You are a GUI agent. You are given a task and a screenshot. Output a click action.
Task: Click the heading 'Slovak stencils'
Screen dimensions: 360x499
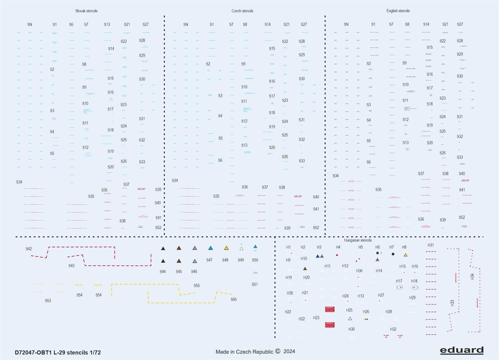[x=86, y=11]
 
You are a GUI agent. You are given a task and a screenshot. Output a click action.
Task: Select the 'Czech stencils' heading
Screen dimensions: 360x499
[x=242, y=11]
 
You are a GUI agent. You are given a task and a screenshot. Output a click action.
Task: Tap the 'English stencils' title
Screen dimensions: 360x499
[x=398, y=11]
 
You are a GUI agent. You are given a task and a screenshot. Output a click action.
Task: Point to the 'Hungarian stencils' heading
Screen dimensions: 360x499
[x=358, y=240]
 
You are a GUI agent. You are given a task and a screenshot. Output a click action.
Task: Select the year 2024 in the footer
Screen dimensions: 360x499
[x=290, y=351]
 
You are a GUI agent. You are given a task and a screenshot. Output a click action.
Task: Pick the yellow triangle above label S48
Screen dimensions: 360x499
[x=226, y=248]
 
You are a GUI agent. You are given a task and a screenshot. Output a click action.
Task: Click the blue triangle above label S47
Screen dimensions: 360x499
[x=210, y=248]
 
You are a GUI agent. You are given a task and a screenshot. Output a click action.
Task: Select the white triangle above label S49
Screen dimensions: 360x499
[x=241, y=249]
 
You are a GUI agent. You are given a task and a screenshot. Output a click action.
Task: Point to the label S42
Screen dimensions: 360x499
[x=29, y=249]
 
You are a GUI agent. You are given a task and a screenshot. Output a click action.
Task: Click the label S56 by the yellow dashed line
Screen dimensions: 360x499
[x=233, y=299]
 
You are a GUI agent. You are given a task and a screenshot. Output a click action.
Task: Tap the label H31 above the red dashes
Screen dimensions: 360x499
[x=431, y=245]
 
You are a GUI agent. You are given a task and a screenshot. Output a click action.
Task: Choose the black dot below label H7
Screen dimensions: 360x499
[x=393, y=254]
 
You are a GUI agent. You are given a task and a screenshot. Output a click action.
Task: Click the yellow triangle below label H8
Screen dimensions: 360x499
[x=406, y=255]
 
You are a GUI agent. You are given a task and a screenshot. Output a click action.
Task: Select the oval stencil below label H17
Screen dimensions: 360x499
[x=400, y=287]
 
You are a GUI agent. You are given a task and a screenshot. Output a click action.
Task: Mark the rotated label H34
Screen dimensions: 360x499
[x=472, y=276]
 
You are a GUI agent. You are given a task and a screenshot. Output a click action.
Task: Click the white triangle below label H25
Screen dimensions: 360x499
[x=350, y=319]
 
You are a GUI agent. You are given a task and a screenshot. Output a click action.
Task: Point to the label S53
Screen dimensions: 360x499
[x=48, y=301]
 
